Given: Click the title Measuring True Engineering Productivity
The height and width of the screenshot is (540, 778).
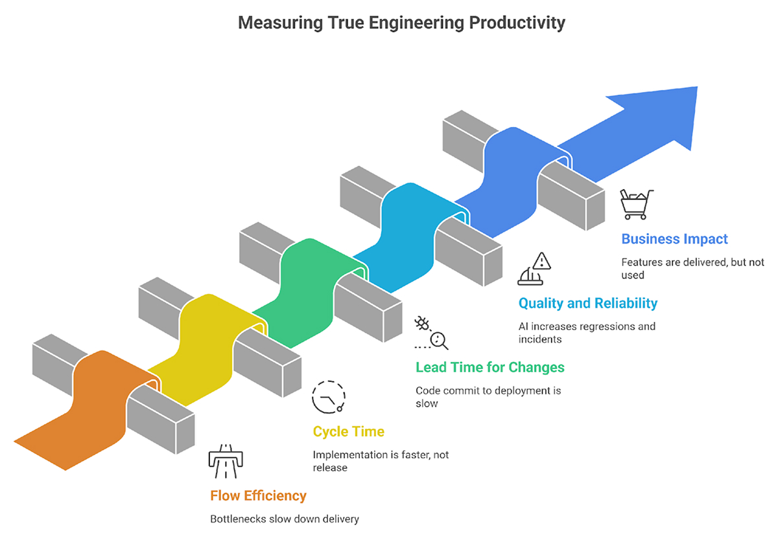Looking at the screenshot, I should (401, 23).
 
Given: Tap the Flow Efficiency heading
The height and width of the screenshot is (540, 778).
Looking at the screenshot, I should (258, 496).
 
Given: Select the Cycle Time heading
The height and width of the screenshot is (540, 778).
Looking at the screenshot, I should (348, 432).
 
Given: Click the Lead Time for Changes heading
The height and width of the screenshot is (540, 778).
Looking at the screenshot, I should (489, 368).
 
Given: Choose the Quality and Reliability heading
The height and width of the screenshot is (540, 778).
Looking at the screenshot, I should (587, 303).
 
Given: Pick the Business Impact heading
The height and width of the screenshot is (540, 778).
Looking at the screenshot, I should (674, 239).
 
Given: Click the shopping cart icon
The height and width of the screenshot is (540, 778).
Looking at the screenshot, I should (636, 205).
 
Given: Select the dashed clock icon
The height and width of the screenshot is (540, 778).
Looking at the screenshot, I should (329, 397).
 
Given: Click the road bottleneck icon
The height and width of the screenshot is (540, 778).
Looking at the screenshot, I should (224, 458).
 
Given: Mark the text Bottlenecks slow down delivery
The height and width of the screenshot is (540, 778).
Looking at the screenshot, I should (284, 519).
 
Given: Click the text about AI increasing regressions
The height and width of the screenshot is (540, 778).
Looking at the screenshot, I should (586, 332).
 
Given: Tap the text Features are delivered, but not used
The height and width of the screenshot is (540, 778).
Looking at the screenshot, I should (692, 269).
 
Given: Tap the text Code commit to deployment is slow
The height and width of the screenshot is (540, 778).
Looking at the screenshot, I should (488, 397).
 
